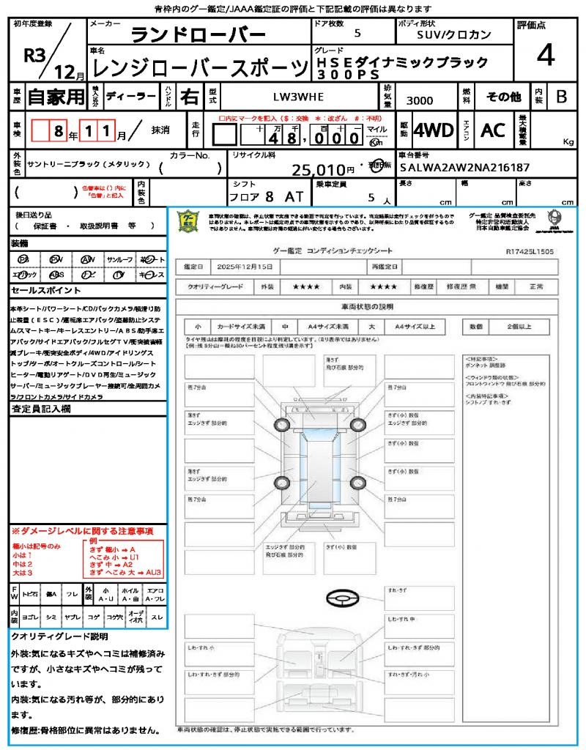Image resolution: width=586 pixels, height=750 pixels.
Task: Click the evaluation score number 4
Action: click(544, 56)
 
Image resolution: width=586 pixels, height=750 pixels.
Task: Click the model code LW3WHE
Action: click(298, 97)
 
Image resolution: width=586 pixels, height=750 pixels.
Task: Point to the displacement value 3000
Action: click(420, 100)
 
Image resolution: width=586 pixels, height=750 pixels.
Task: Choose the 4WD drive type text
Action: click(434, 130)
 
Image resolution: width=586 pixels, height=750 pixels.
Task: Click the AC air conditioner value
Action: click(493, 130)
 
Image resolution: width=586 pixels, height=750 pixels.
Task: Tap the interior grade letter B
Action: click(560, 97)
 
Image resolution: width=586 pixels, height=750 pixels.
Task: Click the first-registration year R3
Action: click(35, 56)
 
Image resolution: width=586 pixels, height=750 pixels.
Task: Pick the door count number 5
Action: click(357, 34)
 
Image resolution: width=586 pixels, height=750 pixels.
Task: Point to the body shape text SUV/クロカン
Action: click(454, 34)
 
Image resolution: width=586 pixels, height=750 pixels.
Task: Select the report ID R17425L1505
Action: click(530, 250)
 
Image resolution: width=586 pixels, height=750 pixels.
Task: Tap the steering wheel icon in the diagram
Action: click(340, 600)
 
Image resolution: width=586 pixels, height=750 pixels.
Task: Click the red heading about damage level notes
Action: click(82, 531)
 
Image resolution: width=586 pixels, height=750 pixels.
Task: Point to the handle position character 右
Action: click(189, 97)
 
